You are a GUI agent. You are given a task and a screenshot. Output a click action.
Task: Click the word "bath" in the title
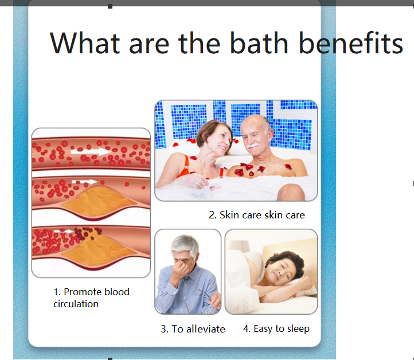click(259, 43)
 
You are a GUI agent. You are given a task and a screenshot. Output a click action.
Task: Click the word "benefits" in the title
click(351, 43)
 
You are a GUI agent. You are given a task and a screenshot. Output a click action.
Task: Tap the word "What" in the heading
click(85, 43)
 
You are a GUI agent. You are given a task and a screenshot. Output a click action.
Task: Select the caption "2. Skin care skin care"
click(257, 215)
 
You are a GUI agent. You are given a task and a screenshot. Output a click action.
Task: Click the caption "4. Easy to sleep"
click(276, 329)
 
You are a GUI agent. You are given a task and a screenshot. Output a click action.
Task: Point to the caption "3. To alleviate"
click(193, 329)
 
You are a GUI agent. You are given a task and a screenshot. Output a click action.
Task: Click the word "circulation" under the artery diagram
click(76, 304)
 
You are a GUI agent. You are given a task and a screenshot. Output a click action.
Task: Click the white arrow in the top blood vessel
click(91, 151)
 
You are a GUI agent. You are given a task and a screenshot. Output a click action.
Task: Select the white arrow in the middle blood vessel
click(84, 182)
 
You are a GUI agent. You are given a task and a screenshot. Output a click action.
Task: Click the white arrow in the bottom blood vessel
click(64, 232)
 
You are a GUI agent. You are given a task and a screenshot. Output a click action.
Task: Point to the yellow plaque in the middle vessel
click(99, 201)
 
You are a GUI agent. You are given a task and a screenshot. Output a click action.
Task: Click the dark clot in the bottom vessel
click(86, 233)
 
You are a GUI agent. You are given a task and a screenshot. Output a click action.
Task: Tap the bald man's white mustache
click(253, 145)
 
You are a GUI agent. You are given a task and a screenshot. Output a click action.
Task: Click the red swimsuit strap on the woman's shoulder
click(186, 166)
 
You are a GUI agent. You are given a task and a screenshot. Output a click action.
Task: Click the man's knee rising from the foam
click(291, 192)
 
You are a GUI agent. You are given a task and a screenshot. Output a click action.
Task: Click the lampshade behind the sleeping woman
click(240, 245)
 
